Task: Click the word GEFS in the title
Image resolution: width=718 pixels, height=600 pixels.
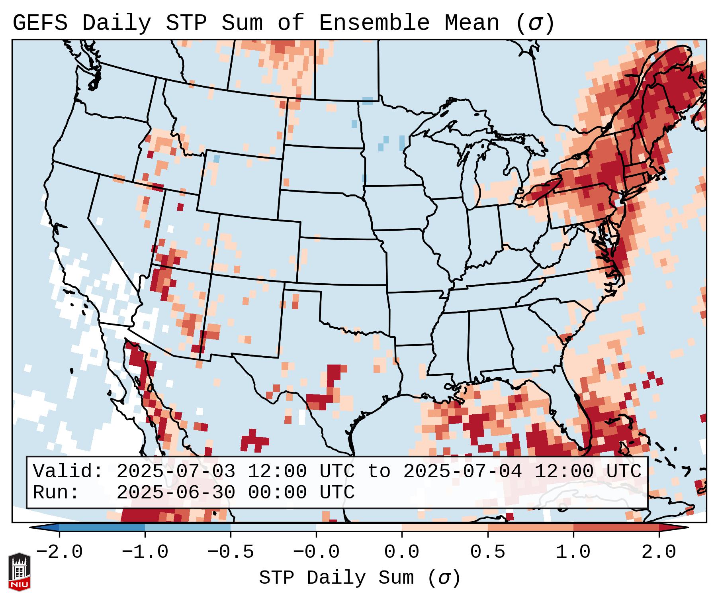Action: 40,23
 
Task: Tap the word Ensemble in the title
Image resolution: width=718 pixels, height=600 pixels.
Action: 374,23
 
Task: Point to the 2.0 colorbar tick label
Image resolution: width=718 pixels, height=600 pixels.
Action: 659,552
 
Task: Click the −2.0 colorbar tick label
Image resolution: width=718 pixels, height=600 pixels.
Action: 59,552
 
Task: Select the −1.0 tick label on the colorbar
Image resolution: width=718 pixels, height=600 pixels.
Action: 145,552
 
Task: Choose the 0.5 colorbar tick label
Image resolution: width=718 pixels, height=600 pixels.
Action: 487,552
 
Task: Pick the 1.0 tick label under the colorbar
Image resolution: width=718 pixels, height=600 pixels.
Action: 573,552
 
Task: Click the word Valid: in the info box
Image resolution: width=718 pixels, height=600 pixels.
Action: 68,471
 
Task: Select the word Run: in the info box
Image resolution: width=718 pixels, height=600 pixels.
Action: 56,492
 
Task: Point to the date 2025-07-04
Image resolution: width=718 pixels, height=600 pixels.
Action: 462,471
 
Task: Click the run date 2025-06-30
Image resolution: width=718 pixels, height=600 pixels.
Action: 176,492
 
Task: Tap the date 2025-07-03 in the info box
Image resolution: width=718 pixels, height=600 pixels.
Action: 176,471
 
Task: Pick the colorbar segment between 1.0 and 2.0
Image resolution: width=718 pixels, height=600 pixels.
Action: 616,527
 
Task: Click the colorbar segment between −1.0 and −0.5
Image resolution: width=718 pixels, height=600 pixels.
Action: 188,527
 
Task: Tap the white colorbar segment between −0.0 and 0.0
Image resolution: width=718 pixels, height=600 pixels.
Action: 359,527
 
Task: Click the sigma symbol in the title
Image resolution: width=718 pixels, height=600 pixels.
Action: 535,23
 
